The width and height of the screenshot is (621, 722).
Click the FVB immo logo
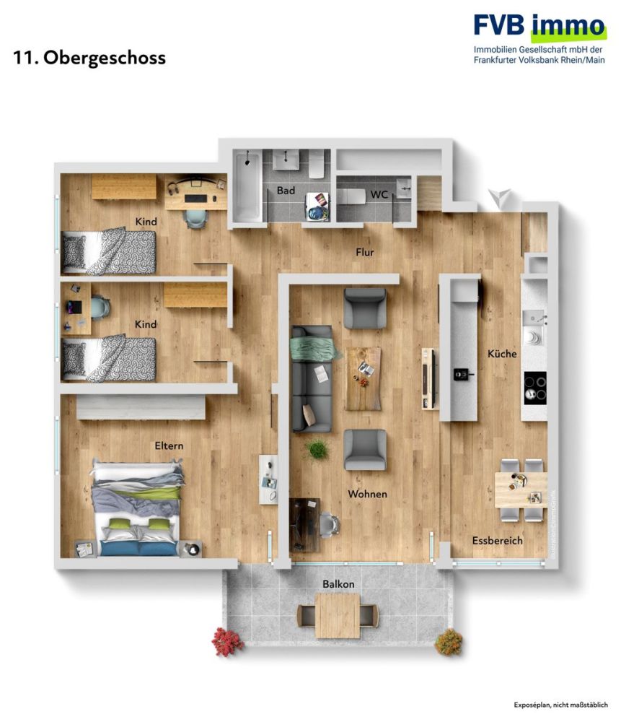(539, 27)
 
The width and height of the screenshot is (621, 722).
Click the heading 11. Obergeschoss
(89, 58)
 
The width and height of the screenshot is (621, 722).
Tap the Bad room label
(286, 191)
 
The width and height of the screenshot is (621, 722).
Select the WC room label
(379, 195)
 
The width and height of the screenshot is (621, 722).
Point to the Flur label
(364, 252)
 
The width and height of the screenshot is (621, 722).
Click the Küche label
(502, 354)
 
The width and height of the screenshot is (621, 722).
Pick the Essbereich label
(497, 540)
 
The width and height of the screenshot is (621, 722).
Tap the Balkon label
(338, 583)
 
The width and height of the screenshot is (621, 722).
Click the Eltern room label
(168, 445)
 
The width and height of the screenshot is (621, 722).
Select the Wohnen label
(367, 495)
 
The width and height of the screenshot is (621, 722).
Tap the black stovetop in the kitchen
(534, 387)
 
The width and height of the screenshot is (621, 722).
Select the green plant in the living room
(316, 449)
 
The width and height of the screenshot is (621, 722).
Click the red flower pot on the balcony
(227, 640)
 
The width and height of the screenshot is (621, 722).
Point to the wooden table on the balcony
(338, 615)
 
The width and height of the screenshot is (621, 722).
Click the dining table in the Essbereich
(521, 489)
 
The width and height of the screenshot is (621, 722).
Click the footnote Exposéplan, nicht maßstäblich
(560, 704)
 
